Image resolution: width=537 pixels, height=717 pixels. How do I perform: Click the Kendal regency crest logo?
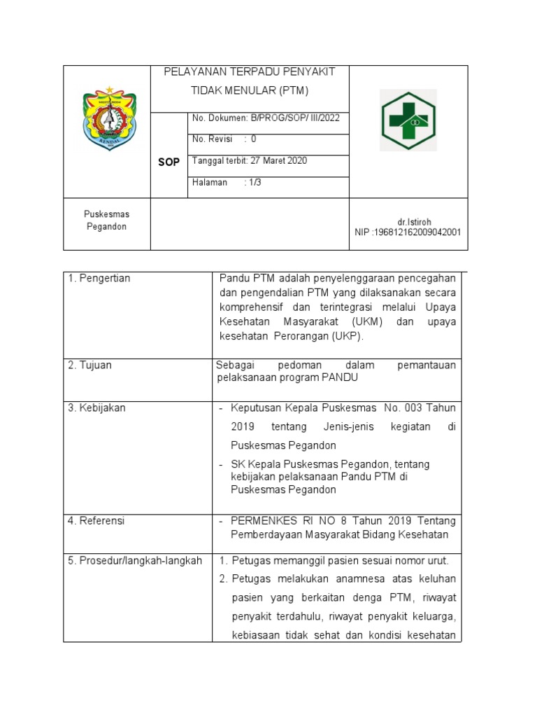coord(108,118)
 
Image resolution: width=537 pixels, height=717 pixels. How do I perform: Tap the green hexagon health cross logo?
coord(408,120)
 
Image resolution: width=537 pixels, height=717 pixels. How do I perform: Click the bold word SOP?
coord(168,162)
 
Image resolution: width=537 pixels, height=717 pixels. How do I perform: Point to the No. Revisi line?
coord(224,139)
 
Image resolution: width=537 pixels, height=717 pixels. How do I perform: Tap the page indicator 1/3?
coord(253,182)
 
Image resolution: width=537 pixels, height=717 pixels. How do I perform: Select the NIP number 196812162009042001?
coord(417,232)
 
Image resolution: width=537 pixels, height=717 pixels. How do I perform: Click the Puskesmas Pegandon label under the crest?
coord(107,221)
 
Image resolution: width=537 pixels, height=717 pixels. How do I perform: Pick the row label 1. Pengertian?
coord(99,279)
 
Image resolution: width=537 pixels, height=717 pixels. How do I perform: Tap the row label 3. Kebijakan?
coord(96,408)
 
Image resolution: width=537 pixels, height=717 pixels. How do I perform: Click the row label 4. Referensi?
coord(97,521)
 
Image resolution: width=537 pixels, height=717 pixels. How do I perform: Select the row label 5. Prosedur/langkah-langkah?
coord(135,561)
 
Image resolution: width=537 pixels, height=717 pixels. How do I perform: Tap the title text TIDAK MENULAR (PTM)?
coord(249,91)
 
